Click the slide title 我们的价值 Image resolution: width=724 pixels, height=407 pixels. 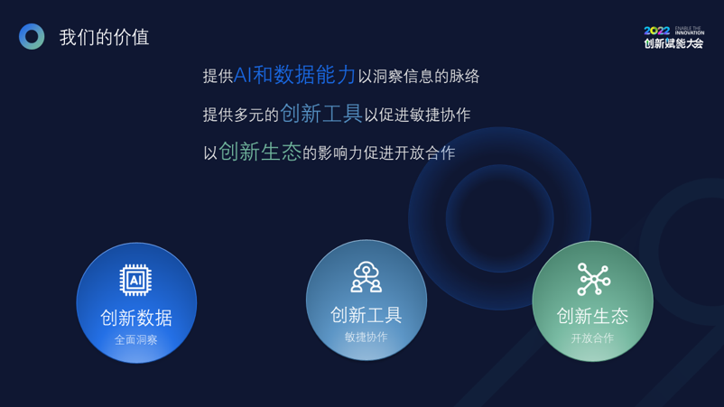(104, 37)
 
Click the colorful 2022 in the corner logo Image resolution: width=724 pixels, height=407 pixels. (656, 31)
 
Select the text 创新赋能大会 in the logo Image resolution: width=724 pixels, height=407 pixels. (673, 43)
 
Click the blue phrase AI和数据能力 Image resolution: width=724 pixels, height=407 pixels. (294, 75)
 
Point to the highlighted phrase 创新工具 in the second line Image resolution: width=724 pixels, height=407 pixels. (321, 114)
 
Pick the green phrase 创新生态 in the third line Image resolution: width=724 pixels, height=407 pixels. (260, 152)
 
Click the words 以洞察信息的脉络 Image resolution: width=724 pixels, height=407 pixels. (419, 77)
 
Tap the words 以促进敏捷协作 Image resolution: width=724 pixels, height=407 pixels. (417, 115)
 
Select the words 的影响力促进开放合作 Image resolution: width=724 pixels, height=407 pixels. (379, 153)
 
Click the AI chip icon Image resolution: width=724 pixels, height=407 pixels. (135, 280)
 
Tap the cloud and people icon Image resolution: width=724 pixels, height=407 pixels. (367, 277)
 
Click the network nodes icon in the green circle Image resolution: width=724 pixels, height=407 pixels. (594, 279)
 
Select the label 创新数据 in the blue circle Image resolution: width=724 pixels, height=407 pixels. (136, 318)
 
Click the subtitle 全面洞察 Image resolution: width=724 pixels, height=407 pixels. (136, 340)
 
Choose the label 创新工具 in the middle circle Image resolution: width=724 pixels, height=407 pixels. (367, 315)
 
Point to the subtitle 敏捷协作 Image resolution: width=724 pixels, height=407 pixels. (367, 338)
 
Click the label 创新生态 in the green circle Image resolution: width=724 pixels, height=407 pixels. (592, 316)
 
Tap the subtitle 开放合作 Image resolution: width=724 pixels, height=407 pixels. (592, 338)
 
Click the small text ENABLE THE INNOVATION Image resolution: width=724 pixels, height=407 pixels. (690, 31)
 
